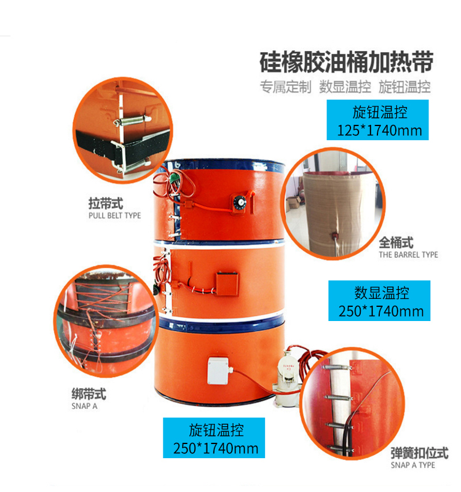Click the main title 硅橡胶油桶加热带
tap(347, 63)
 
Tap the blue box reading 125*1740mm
tap(377, 120)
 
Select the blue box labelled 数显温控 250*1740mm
tap(379, 301)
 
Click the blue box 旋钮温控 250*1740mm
tap(214, 438)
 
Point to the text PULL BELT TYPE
tap(115, 216)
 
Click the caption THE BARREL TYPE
tap(408, 255)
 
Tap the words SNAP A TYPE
tap(413, 465)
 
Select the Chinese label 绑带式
tap(89, 394)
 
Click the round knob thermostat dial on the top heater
tap(240, 202)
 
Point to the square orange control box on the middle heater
tap(227, 284)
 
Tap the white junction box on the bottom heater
tap(219, 371)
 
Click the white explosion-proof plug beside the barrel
tap(287, 378)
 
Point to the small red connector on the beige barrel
tap(336, 235)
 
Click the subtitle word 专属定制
tap(285, 87)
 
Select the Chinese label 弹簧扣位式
tap(420, 453)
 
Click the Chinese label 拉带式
tap(106, 204)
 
